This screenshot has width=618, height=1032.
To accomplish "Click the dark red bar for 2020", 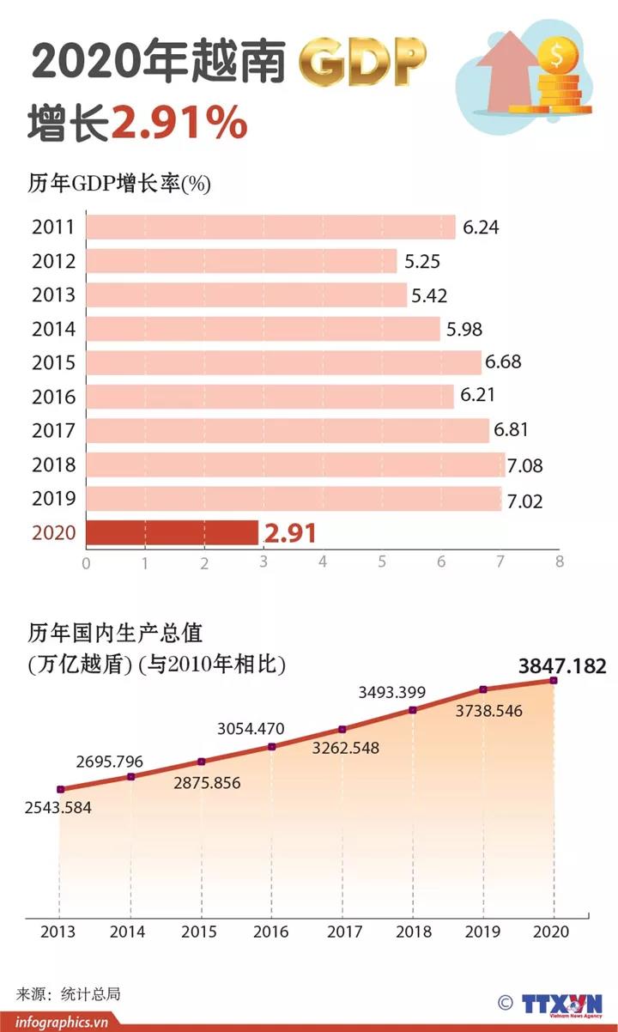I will tap(172, 532).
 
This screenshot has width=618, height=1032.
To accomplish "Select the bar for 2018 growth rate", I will tap(294, 465).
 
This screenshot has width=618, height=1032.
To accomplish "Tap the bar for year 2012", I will tap(241, 261).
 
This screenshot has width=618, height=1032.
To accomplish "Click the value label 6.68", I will tap(503, 362).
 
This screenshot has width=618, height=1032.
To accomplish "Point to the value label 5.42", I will tap(429, 295).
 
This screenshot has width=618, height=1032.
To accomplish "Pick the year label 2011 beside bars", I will tap(53, 228).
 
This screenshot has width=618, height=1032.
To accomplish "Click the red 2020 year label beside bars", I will tap(53, 533).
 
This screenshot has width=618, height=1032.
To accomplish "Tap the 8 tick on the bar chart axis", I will tap(559, 562).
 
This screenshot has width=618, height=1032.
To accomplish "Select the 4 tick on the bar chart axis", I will tap(323, 562).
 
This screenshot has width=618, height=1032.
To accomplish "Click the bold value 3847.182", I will tap(562, 666).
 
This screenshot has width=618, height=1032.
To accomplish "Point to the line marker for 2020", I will tap(554, 680).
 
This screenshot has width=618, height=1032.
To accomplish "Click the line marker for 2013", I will tap(60, 789).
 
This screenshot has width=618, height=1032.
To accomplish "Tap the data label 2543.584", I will tap(58, 808).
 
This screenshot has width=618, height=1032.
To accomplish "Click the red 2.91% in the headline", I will tap(179, 124).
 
